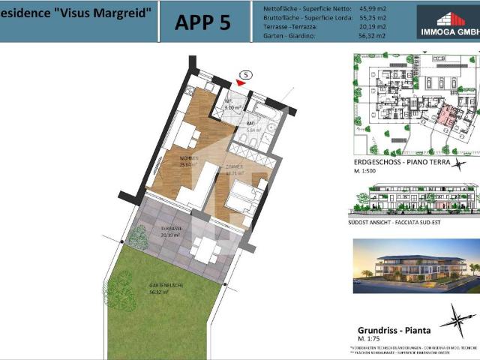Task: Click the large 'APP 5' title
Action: point(202,22)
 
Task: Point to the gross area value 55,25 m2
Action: point(372,16)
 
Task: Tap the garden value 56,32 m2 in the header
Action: point(372,34)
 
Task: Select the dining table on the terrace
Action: point(204,249)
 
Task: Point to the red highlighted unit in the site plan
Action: point(448,118)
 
